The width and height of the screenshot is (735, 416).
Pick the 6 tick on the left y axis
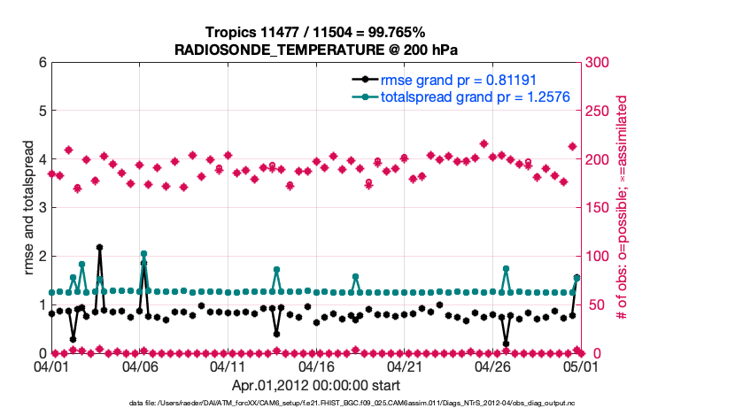tap(43, 63)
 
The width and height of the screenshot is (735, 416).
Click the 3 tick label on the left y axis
tap(43, 208)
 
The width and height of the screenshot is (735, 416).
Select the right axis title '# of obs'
tap(622, 208)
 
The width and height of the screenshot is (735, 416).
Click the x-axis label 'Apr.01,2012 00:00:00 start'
tap(315, 385)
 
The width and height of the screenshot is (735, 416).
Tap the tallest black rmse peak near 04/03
tap(99, 248)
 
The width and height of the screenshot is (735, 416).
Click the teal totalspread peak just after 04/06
tap(143, 254)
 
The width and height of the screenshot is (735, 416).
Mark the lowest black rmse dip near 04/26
tap(506, 343)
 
